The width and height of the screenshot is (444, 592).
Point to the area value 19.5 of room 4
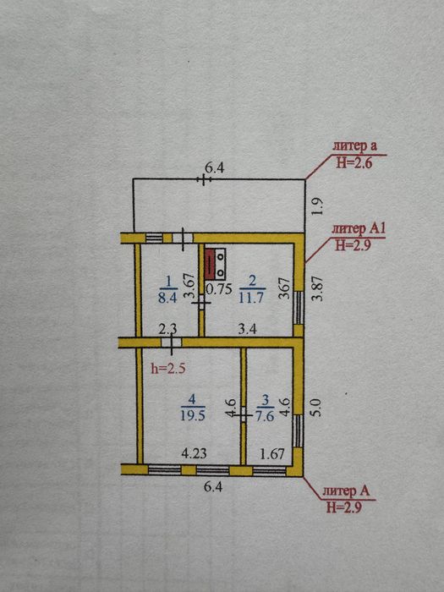pos(193,415)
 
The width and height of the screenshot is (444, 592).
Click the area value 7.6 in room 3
pos(266,415)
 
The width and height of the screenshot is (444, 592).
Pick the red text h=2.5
pos(168,368)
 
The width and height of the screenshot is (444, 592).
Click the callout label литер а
pos(354,146)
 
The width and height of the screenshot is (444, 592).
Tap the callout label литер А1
pos(359,229)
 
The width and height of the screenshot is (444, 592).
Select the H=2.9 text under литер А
pos(344,507)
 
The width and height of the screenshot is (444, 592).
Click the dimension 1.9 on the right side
pos(318,206)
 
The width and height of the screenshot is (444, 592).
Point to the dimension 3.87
pos(318,288)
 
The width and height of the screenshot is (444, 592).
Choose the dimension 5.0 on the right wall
pos(316,408)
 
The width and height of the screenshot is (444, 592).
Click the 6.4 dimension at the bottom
pos(213,486)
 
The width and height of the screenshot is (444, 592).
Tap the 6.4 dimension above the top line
pos(214,167)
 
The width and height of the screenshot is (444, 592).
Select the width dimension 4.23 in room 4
pos(194,453)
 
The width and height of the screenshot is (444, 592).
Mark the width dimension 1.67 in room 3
pos(271,453)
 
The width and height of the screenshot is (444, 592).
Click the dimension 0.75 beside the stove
pos(218,288)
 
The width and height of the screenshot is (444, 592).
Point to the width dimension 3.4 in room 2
pos(248,329)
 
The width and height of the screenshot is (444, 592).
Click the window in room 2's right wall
pos(299,308)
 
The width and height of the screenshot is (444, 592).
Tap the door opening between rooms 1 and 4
pos(171,343)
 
